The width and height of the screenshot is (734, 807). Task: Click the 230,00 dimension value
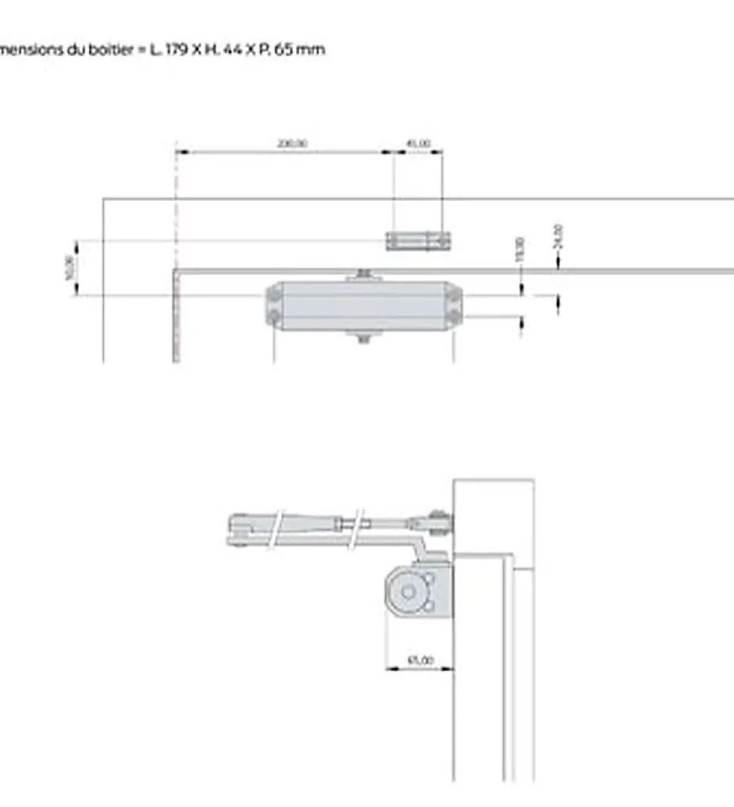tap(292, 144)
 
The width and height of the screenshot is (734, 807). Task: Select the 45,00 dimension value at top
tap(418, 144)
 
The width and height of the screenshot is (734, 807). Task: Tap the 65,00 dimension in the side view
tap(420, 660)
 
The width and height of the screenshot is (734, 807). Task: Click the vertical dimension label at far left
tap(69, 268)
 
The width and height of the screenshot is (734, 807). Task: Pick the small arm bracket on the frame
tap(418, 240)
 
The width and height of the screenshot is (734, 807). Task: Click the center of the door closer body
tap(364, 305)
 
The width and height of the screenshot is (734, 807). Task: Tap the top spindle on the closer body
tap(363, 273)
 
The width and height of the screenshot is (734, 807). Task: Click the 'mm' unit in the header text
tap(315, 49)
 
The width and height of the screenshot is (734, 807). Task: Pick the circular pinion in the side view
tap(408, 592)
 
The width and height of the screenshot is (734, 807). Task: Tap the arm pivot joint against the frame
tap(438, 521)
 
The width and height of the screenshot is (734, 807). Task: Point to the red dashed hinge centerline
tap(176, 258)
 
